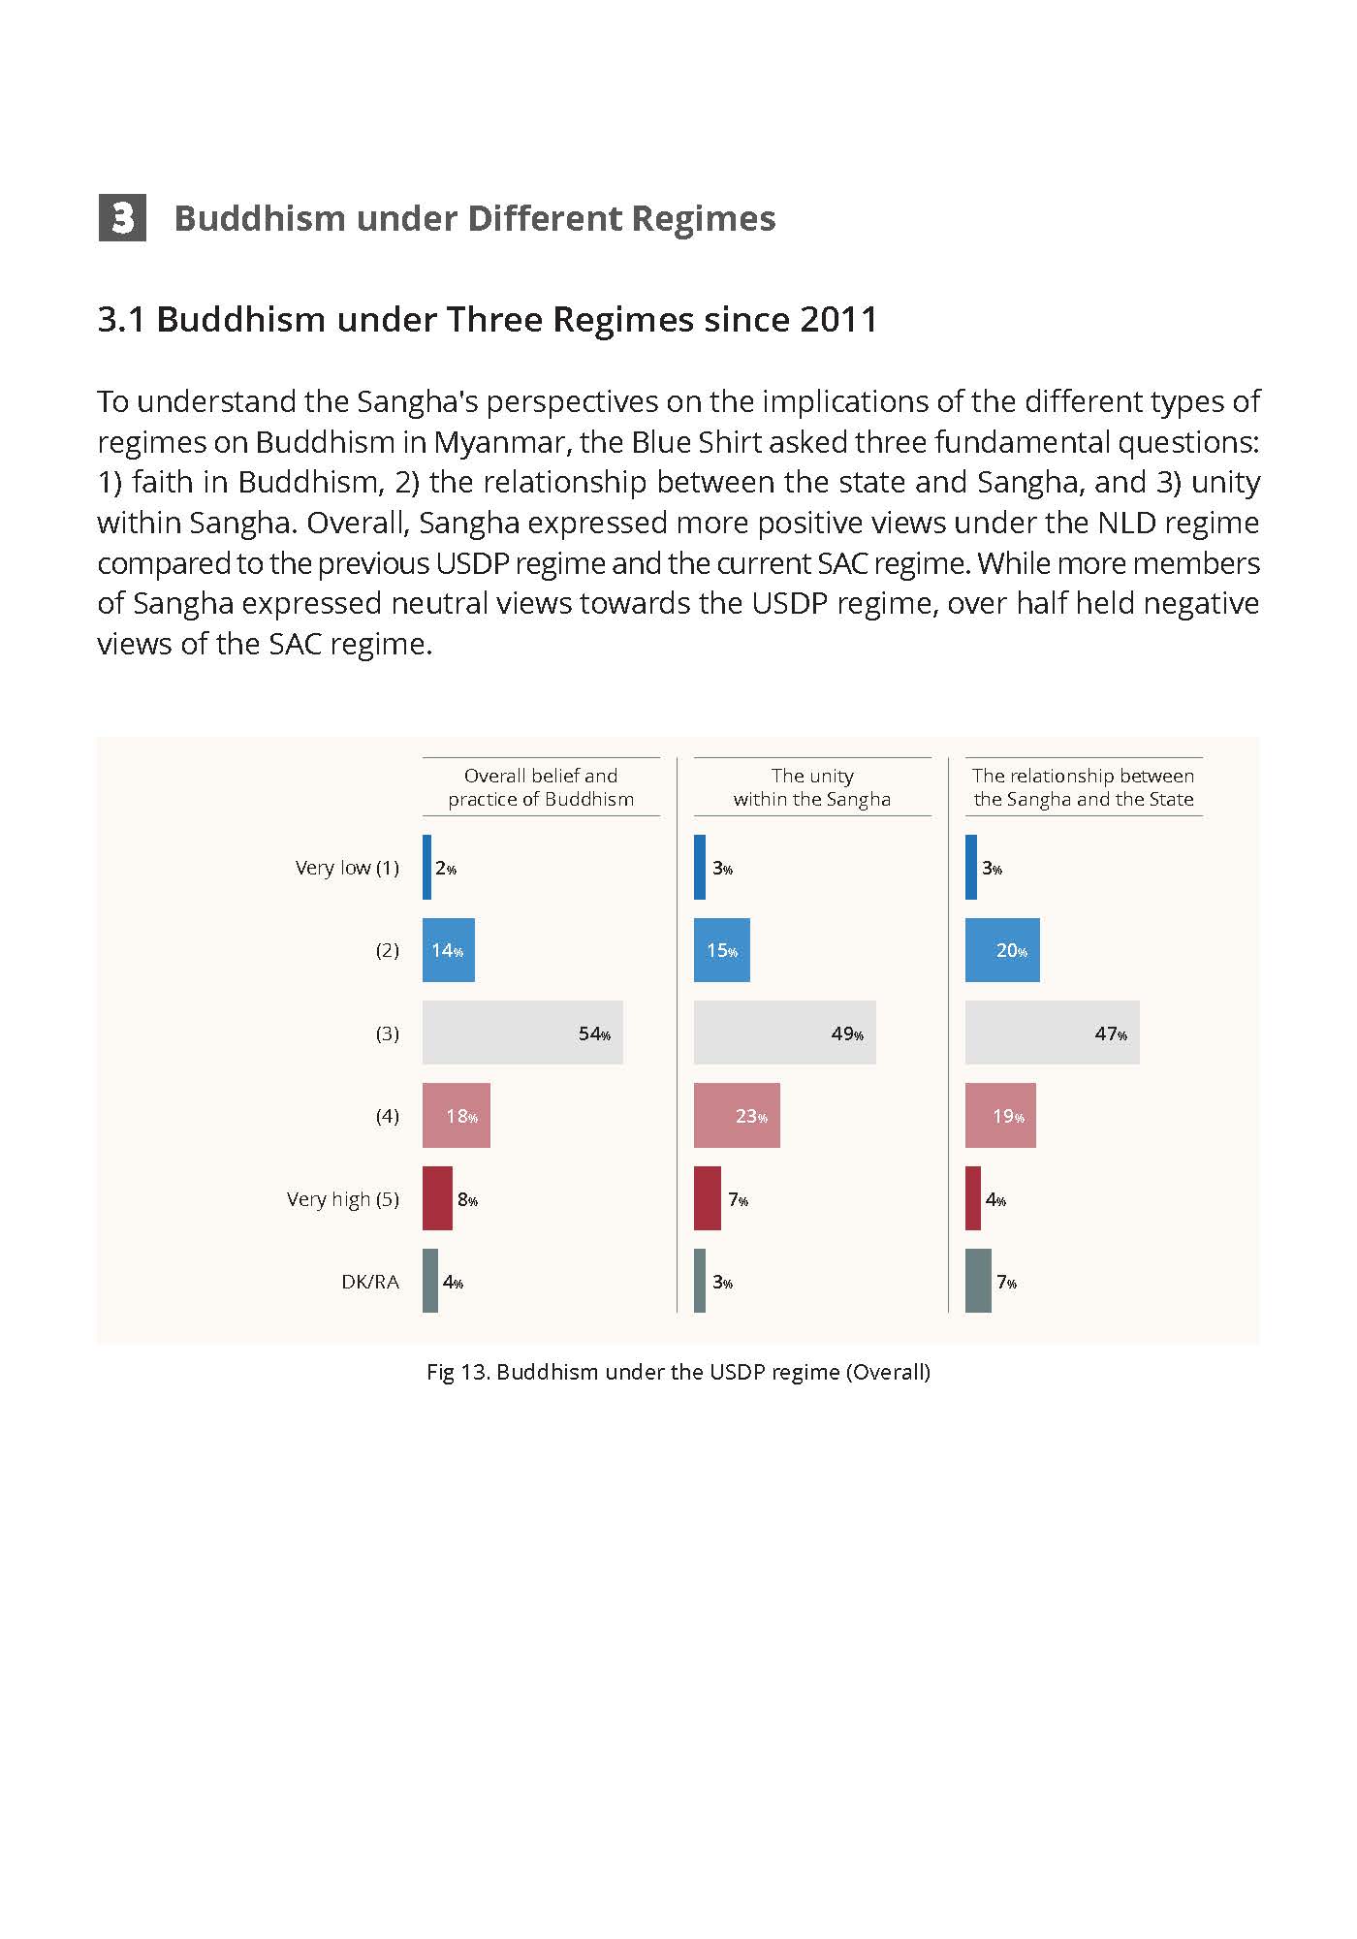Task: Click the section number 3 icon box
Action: [x=122, y=217]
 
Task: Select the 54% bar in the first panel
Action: [x=522, y=1033]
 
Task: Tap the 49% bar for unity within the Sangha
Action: [x=785, y=1033]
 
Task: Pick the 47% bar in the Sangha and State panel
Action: [x=1053, y=1033]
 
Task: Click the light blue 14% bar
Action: [x=449, y=950]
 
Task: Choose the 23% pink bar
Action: [x=737, y=1115]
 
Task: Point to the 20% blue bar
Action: [x=1002, y=950]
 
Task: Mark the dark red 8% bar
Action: [x=437, y=1198]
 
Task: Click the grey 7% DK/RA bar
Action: [x=978, y=1281]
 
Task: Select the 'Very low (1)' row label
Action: [x=347, y=868]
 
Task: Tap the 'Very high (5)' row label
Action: [x=343, y=1199]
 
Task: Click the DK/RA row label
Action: [x=370, y=1282]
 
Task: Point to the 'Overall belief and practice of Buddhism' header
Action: [x=541, y=787]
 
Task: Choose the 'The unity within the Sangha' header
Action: [x=812, y=787]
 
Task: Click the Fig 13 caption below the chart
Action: [x=678, y=1372]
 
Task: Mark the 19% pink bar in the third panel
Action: [x=1000, y=1115]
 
